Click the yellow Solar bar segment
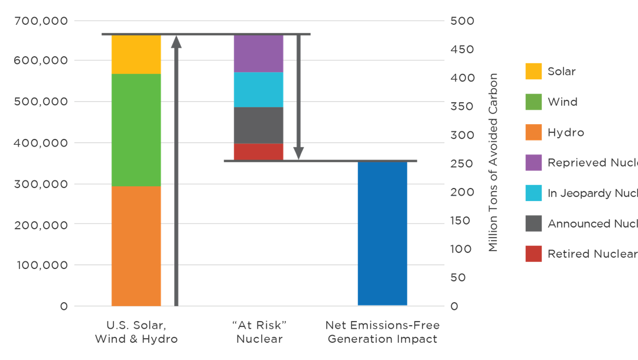(x=136, y=54)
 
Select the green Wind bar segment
(x=136, y=130)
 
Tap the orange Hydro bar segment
(x=136, y=246)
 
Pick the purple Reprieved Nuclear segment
(x=258, y=53)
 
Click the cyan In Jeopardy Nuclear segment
(x=258, y=89)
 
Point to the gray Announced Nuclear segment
(x=258, y=125)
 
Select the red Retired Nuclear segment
(x=258, y=151)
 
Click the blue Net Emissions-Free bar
(x=382, y=233)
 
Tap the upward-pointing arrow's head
(x=176, y=41)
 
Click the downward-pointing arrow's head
(x=299, y=153)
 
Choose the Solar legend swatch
(x=533, y=72)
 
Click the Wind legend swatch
(x=533, y=102)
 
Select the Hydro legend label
(x=565, y=132)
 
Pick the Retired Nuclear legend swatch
(x=533, y=254)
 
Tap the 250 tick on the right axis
(x=462, y=164)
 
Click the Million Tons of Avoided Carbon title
(x=493, y=163)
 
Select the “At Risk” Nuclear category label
(x=259, y=332)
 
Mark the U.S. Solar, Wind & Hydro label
(x=136, y=332)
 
